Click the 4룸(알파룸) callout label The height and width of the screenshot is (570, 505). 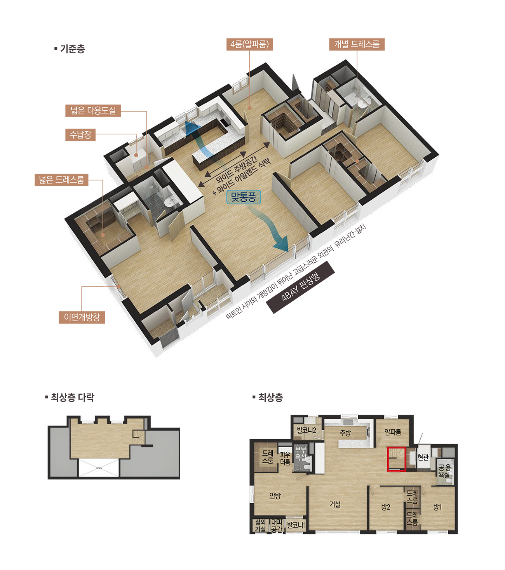249,44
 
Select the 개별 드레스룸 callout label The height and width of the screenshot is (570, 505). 357,44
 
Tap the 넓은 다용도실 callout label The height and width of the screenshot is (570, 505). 93,111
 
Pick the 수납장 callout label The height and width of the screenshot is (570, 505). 80,134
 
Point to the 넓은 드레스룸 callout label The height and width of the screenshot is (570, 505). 62,180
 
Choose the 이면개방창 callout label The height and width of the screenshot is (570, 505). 82,317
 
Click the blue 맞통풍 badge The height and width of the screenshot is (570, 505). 244,197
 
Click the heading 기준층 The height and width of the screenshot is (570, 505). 70,49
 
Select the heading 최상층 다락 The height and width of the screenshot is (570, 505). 70,397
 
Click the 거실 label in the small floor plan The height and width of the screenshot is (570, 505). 335,504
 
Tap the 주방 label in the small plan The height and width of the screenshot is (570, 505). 345,433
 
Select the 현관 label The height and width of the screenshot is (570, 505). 423,457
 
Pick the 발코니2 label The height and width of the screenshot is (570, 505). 306,430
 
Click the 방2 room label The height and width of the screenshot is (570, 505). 386,507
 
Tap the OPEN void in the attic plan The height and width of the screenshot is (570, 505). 99,468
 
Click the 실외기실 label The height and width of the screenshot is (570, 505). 261,526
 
